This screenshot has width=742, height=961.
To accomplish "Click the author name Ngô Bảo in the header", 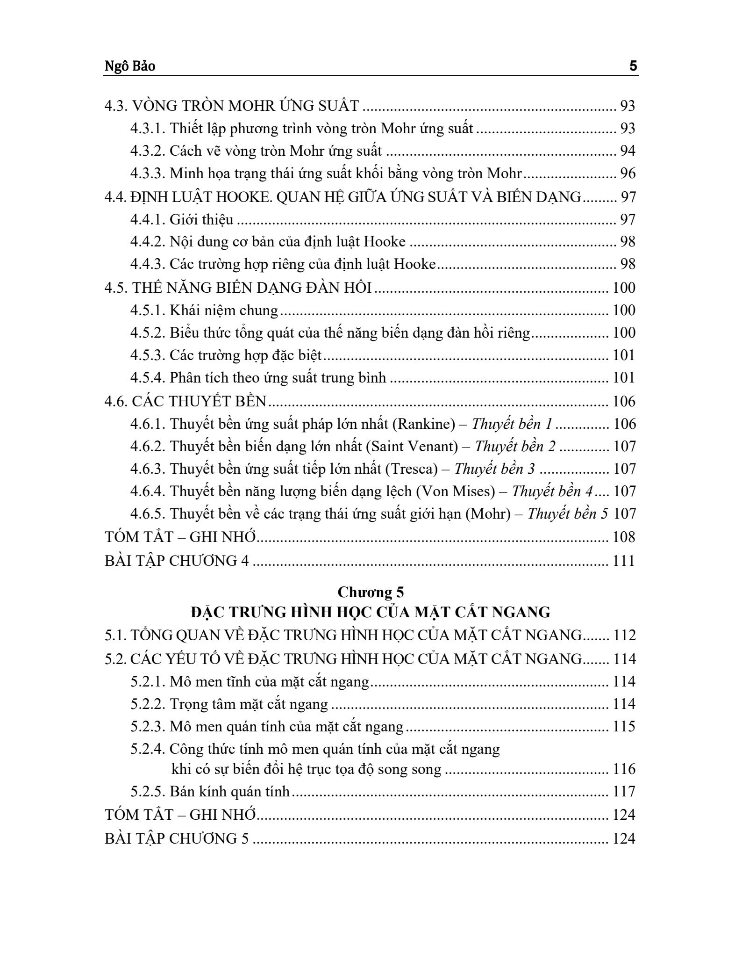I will (130, 66).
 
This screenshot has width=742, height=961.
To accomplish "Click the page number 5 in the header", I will (633, 66).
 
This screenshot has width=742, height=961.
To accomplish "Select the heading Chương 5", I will (371, 592).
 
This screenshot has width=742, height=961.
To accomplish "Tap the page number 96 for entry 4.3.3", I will (628, 173).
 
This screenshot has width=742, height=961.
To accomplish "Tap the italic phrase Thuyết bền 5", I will (568, 513).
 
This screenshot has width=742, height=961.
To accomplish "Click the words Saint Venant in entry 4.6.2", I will (412, 446).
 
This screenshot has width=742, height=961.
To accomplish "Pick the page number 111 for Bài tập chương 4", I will (624, 560).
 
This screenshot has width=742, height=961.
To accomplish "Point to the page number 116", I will (624, 769).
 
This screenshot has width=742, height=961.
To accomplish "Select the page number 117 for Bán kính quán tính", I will (624, 791).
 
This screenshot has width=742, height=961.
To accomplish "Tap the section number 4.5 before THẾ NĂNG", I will (116, 287).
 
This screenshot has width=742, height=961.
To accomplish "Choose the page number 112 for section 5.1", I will (624, 635).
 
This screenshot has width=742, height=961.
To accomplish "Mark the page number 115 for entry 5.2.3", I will (624, 726).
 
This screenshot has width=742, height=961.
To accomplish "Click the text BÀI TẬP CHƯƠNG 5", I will (177, 838).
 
